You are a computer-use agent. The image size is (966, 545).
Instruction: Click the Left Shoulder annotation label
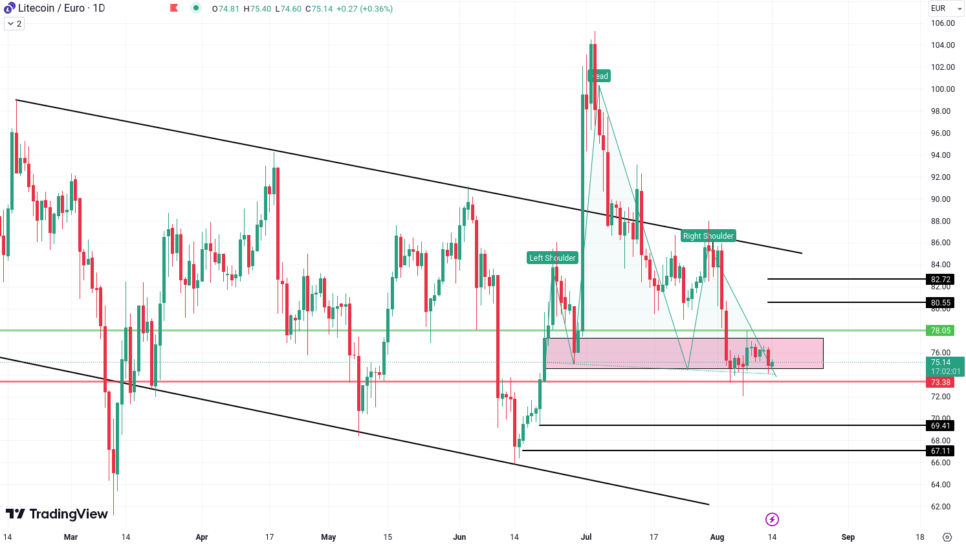553,258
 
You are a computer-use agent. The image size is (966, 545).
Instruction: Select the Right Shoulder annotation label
708,236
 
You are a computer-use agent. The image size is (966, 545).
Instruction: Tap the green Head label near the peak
599,76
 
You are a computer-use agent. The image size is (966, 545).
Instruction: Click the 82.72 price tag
940,280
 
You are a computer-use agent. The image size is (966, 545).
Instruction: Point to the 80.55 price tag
940,303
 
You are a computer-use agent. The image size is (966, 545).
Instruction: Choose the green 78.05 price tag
940,331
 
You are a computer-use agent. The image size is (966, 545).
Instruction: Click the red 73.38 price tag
940,383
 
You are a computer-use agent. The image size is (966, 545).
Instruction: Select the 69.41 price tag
940,426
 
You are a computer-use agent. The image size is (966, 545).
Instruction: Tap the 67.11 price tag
940,451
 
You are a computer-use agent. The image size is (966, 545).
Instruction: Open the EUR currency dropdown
946,8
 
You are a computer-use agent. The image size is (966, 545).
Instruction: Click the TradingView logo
57,514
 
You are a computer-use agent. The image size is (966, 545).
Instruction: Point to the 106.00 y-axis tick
943,23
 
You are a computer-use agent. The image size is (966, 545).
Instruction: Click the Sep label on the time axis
848,537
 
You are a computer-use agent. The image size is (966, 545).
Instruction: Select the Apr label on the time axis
202,537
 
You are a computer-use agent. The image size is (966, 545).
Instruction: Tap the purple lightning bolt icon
772,519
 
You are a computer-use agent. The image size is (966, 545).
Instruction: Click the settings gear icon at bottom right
947,537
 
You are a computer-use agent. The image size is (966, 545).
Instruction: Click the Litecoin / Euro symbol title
61,8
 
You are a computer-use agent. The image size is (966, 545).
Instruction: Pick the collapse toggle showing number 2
14,24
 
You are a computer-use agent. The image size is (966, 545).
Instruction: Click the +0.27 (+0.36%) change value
364,9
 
